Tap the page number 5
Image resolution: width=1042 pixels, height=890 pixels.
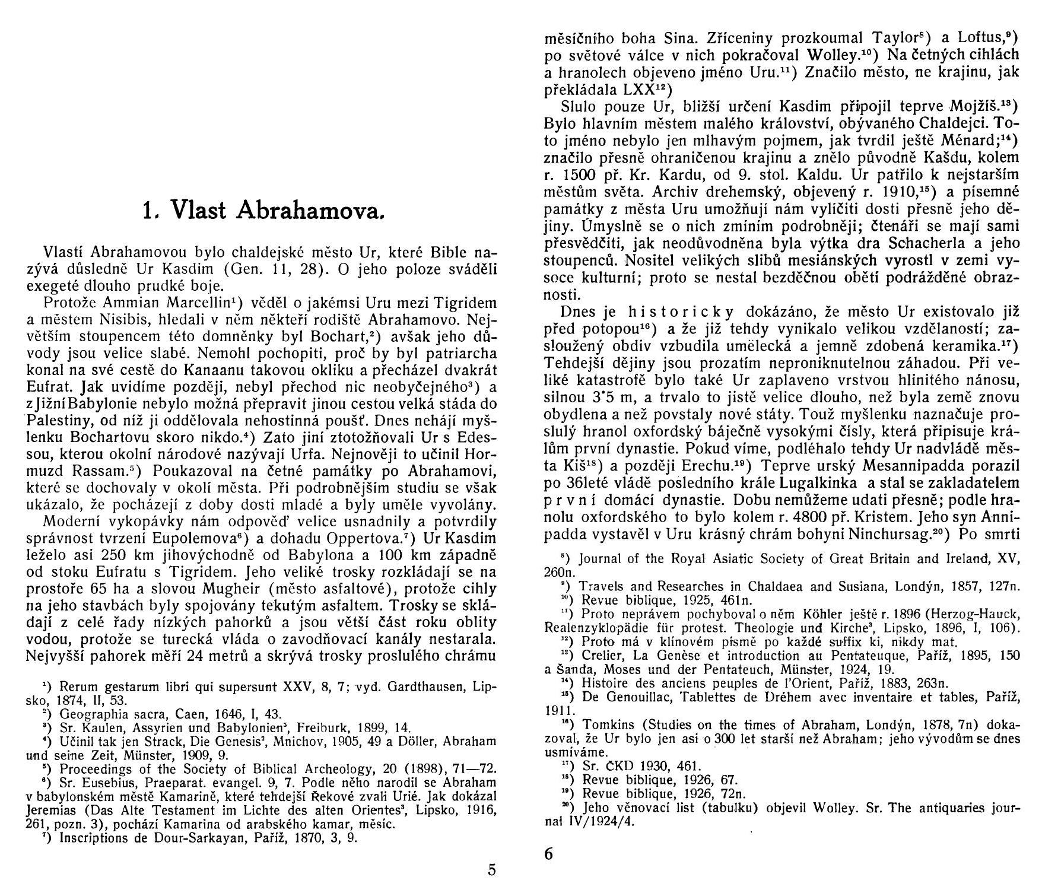pos(491,870)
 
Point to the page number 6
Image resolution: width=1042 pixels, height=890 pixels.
pos(548,854)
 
